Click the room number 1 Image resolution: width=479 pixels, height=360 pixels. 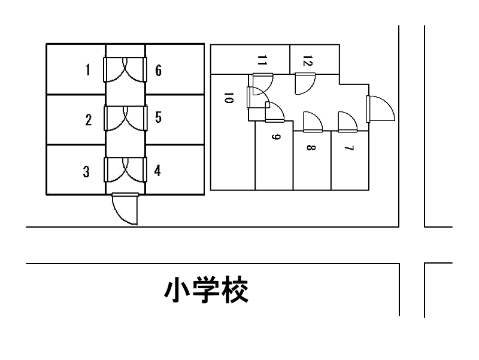click(x=87, y=70)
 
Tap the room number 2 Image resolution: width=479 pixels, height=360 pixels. click(x=88, y=120)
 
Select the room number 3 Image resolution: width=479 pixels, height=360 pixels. click(x=86, y=173)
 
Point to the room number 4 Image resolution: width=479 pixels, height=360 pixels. click(x=157, y=171)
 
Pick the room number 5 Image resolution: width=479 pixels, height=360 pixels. click(x=158, y=117)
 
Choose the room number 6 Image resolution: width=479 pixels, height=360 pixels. click(x=158, y=70)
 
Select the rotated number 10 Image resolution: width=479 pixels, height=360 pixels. click(x=228, y=98)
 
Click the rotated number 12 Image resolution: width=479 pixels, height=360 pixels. click(x=307, y=60)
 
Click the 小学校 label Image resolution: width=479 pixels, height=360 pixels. click(x=207, y=291)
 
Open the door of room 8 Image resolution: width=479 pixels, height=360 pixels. click(x=313, y=122)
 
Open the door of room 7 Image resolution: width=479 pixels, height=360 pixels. click(x=347, y=122)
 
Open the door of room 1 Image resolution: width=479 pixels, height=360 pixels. click(x=114, y=69)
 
